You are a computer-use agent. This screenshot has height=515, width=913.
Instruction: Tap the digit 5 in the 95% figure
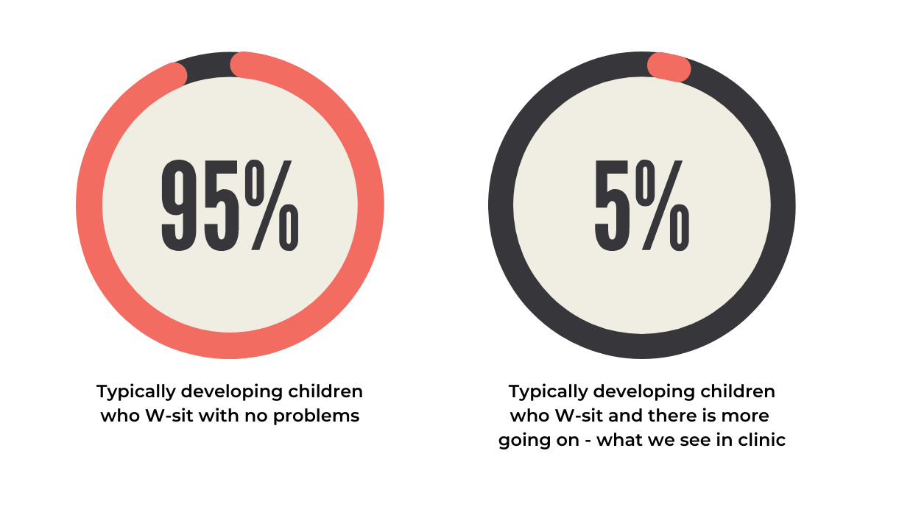(x=222, y=205)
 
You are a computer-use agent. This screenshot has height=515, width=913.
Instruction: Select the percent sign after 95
(x=272, y=205)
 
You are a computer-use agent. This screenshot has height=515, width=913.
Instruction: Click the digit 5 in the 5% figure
(x=612, y=205)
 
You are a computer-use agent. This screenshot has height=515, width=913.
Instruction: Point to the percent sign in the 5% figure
(x=663, y=205)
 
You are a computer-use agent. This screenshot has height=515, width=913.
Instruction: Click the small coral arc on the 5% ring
(x=669, y=67)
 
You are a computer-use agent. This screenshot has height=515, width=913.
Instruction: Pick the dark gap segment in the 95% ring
(x=208, y=65)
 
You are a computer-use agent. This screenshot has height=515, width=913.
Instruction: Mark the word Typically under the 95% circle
(x=135, y=392)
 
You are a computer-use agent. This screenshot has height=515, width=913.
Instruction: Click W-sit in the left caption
(x=169, y=415)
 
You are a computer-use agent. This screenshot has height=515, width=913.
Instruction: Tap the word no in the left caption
(x=256, y=417)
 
